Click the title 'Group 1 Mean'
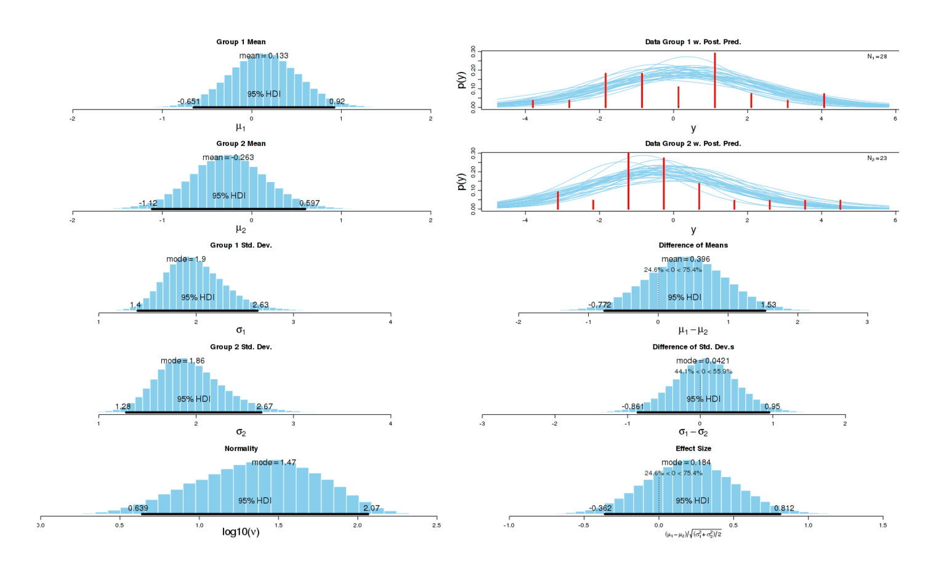241,42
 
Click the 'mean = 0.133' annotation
264,55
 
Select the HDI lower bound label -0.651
188,102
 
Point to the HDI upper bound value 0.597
310,203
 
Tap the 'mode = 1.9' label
186,259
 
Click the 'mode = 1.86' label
182,361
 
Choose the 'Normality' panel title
241,449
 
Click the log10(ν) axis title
241,532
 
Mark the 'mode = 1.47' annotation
273,462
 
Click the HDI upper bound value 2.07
371,508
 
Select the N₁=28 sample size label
877,57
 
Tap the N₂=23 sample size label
877,158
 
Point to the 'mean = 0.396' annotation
685,259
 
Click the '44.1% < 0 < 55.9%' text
703,372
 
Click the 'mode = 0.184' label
686,462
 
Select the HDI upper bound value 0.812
784,508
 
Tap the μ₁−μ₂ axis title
693,330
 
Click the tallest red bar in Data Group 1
715,80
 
